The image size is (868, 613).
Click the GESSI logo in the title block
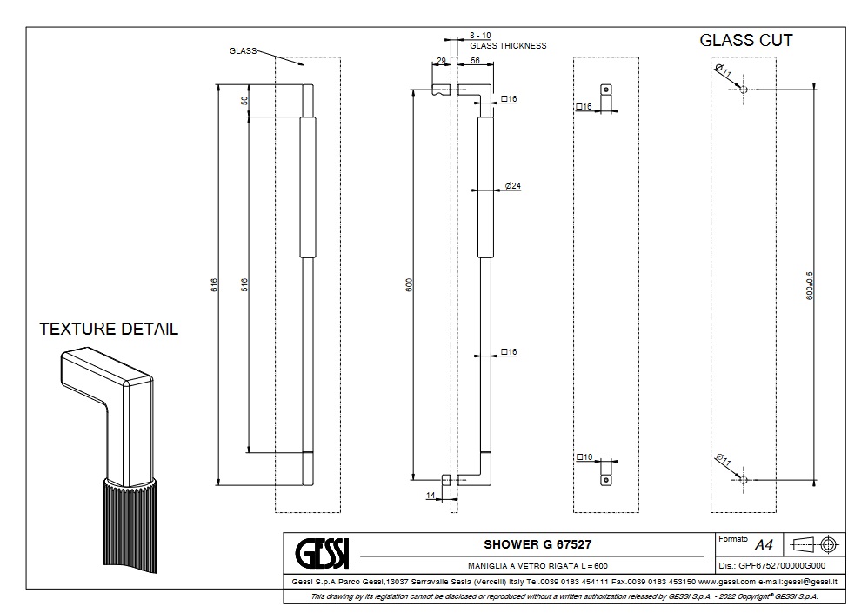(x=323, y=551)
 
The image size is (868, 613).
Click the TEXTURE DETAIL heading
(x=109, y=330)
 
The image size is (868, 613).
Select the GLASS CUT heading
(x=746, y=41)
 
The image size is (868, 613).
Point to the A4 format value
(x=764, y=545)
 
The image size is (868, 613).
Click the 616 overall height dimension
(x=214, y=284)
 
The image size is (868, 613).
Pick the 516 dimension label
(x=244, y=284)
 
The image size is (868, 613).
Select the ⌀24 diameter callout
(x=512, y=187)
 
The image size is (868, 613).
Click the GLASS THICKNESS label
(x=508, y=46)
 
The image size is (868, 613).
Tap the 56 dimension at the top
(x=476, y=61)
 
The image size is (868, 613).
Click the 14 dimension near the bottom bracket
(x=431, y=496)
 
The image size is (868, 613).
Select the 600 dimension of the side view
(x=409, y=284)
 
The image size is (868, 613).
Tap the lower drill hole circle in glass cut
(x=742, y=479)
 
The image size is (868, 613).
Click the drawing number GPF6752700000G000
(x=782, y=565)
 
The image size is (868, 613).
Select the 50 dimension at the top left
(x=244, y=100)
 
